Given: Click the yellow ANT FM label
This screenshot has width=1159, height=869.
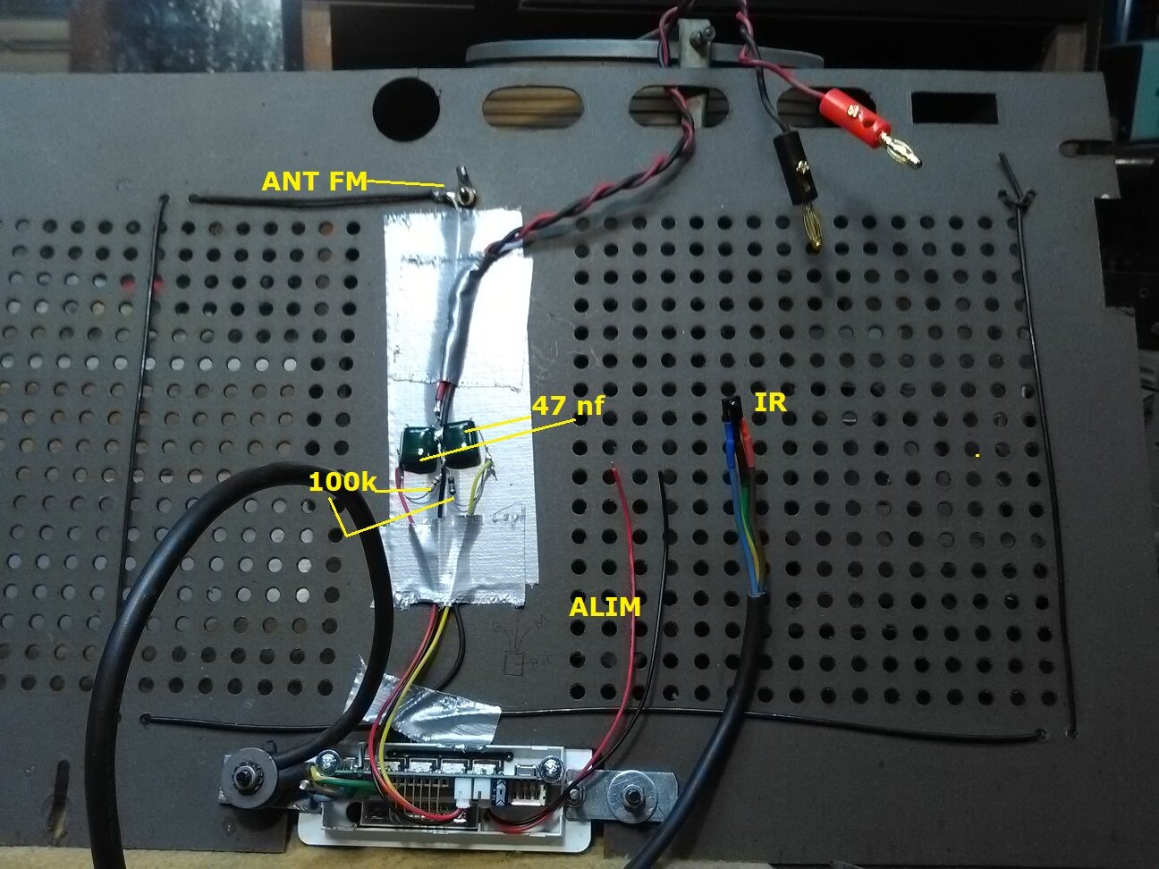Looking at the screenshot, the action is [x=314, y=181].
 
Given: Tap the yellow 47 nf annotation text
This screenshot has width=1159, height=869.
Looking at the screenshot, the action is [x=568, y=406].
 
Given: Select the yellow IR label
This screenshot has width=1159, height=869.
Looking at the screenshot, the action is [x=770, y=402].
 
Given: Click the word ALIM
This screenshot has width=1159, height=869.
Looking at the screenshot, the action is [x=605, y=607].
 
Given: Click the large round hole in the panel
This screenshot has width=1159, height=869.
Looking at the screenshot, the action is [x=406, y=109].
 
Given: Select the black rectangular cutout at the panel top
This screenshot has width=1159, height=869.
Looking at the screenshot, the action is [x=953, y=107].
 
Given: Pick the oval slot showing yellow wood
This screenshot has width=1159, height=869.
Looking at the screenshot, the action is [x=532, y=107].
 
